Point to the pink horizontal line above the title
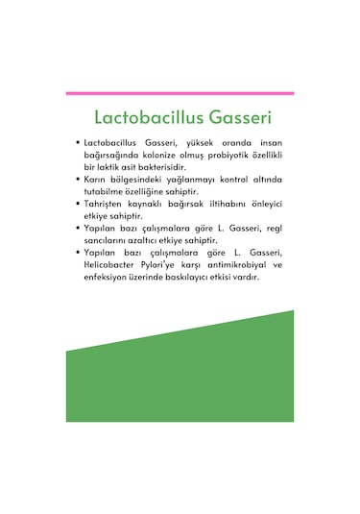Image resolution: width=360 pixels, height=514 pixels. point(180,93)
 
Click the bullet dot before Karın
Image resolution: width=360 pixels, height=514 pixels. point(76,180)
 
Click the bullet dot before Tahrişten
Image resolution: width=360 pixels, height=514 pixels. point(76,204)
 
